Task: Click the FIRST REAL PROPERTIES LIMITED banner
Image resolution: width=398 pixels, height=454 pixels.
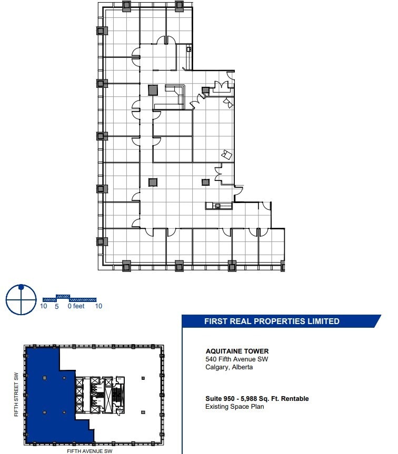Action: pos(272,321)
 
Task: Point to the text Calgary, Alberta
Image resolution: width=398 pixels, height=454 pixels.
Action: pos(229,367)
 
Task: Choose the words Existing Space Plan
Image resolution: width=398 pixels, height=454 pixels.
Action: pos(234,407)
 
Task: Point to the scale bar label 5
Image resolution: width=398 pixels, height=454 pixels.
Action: pos(56,306)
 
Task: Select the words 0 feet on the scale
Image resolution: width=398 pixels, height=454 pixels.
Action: pos(76,306)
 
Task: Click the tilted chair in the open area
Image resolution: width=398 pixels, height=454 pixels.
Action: pos(227,154)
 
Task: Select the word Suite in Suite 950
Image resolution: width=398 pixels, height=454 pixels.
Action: pos(213,399)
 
